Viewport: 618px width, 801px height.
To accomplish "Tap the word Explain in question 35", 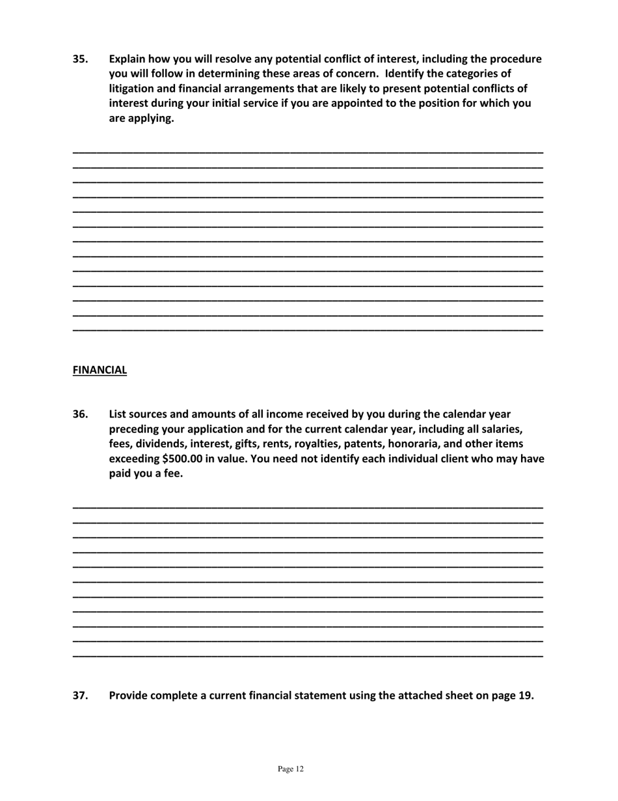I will (x=129, y=59).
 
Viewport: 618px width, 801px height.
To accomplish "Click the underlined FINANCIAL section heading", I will (x=100, y=371).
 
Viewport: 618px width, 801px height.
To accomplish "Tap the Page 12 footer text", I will (x=290, y=769).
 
